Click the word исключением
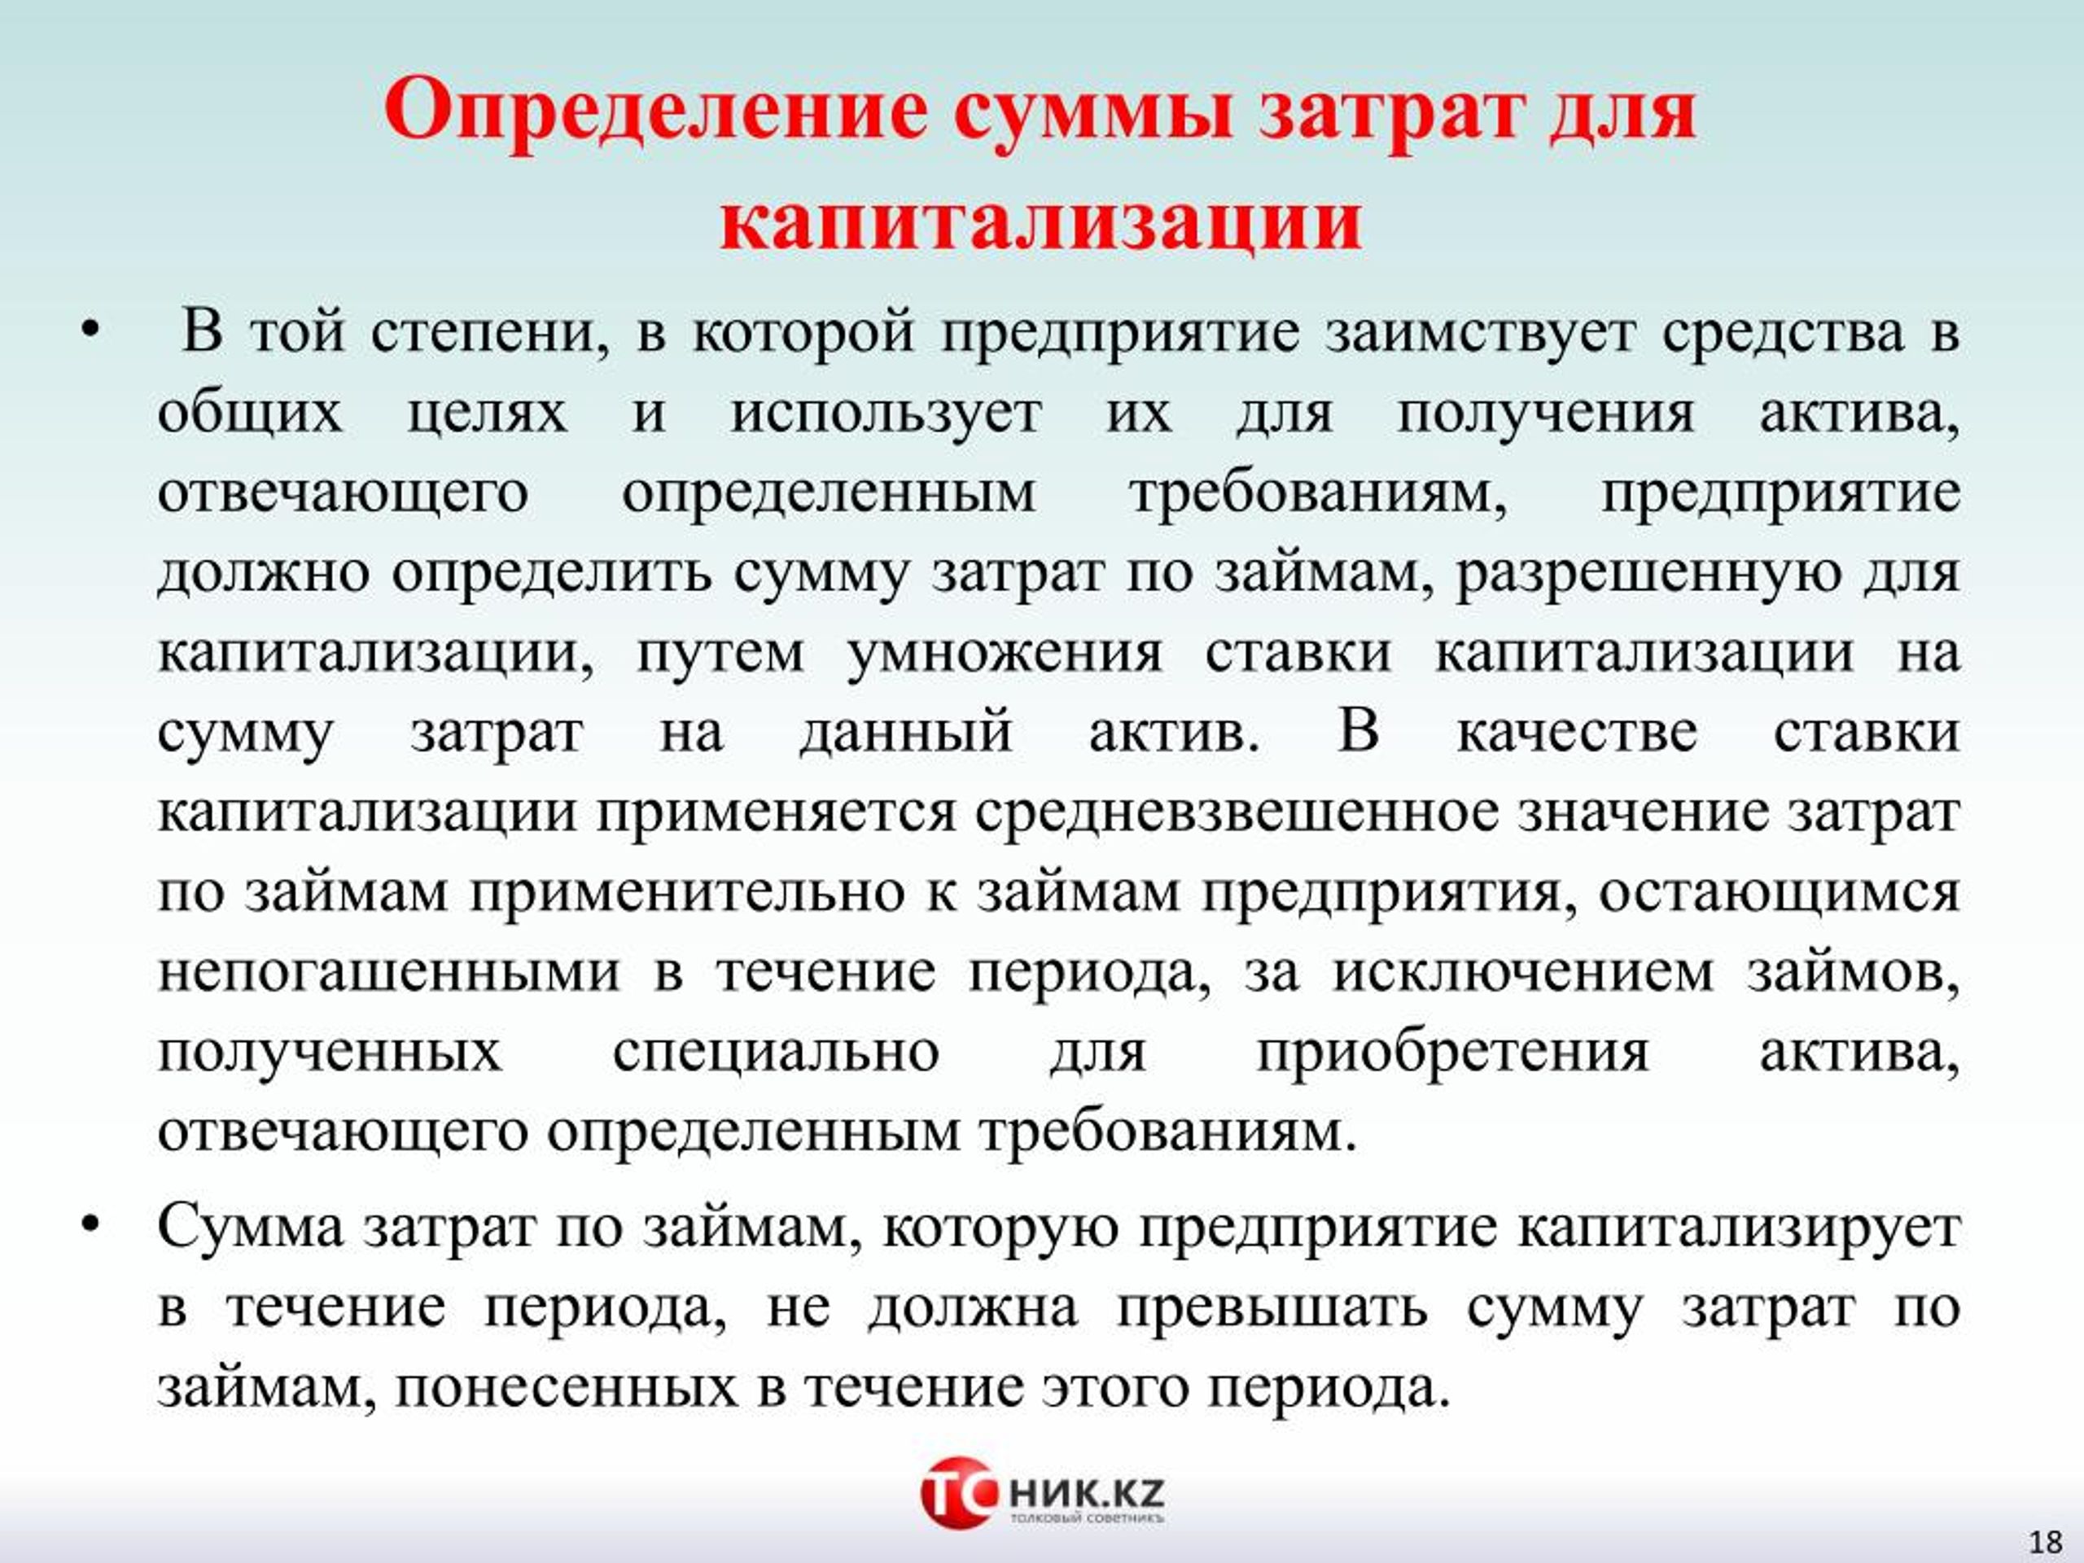(x=1522, y=972)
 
